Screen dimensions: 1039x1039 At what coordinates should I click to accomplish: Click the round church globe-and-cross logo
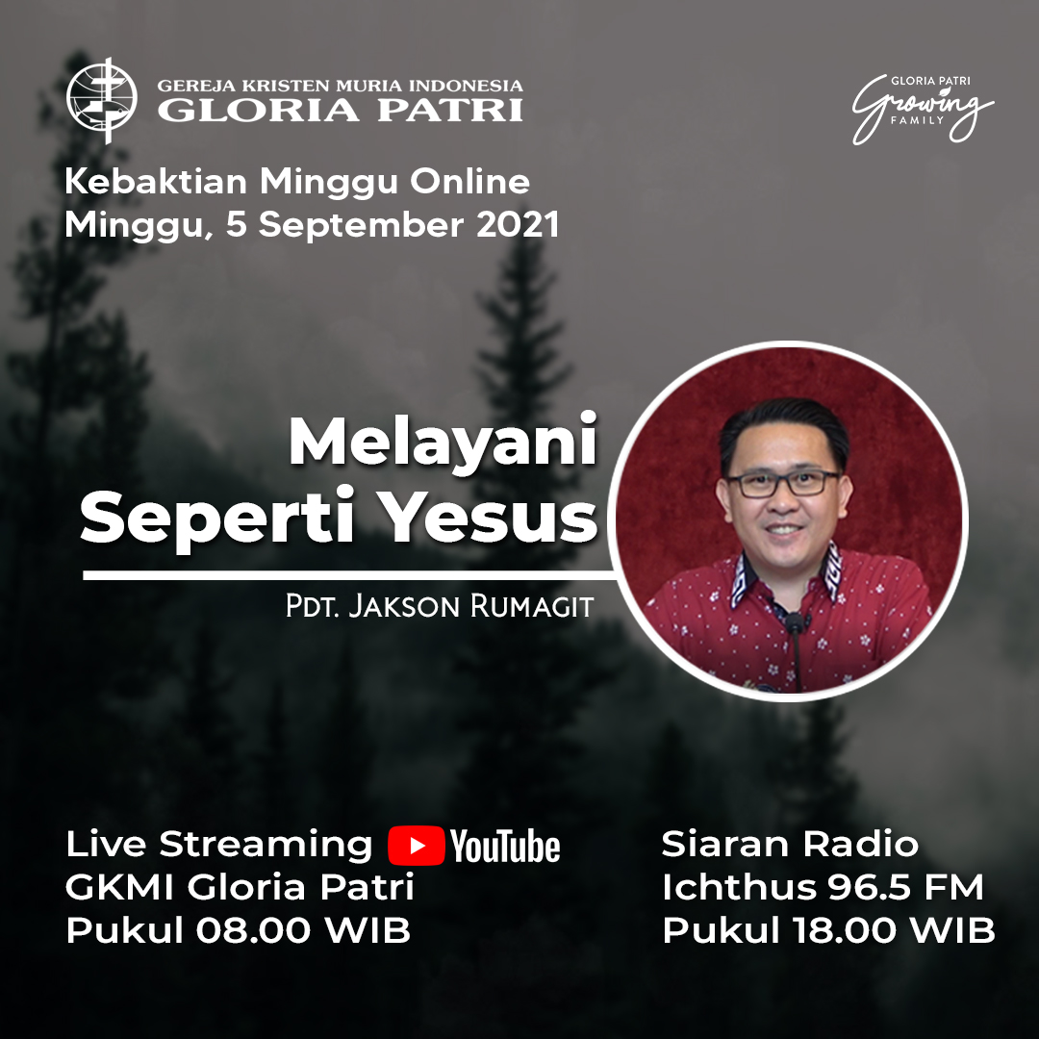[x=102, y=100]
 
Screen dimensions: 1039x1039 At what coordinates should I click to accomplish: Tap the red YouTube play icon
[x=417, y=846]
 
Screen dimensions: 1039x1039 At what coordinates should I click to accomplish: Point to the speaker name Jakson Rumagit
[x=470, y=606]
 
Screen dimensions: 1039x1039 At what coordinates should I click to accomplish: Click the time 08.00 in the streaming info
[x=253, y=929]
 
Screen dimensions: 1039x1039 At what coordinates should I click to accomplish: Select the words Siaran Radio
[x=790, y=844]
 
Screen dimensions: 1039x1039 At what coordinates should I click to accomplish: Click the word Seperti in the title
[x=217, y=520]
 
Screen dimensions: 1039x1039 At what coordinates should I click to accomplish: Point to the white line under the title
[x=348, y=575]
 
